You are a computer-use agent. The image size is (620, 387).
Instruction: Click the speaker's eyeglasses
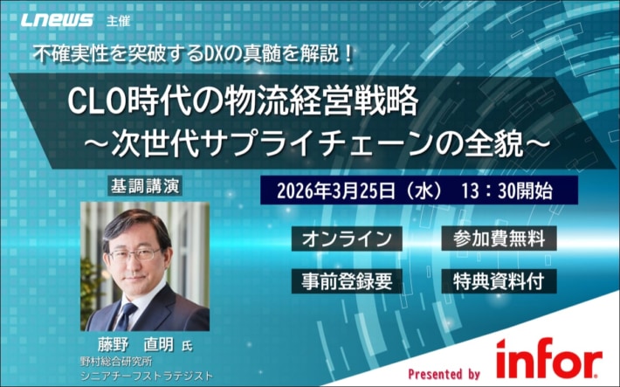137,254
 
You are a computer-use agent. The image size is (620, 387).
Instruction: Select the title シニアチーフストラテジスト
144,376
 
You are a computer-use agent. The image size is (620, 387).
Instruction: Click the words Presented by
444,372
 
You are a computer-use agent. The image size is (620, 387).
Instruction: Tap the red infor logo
548,359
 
